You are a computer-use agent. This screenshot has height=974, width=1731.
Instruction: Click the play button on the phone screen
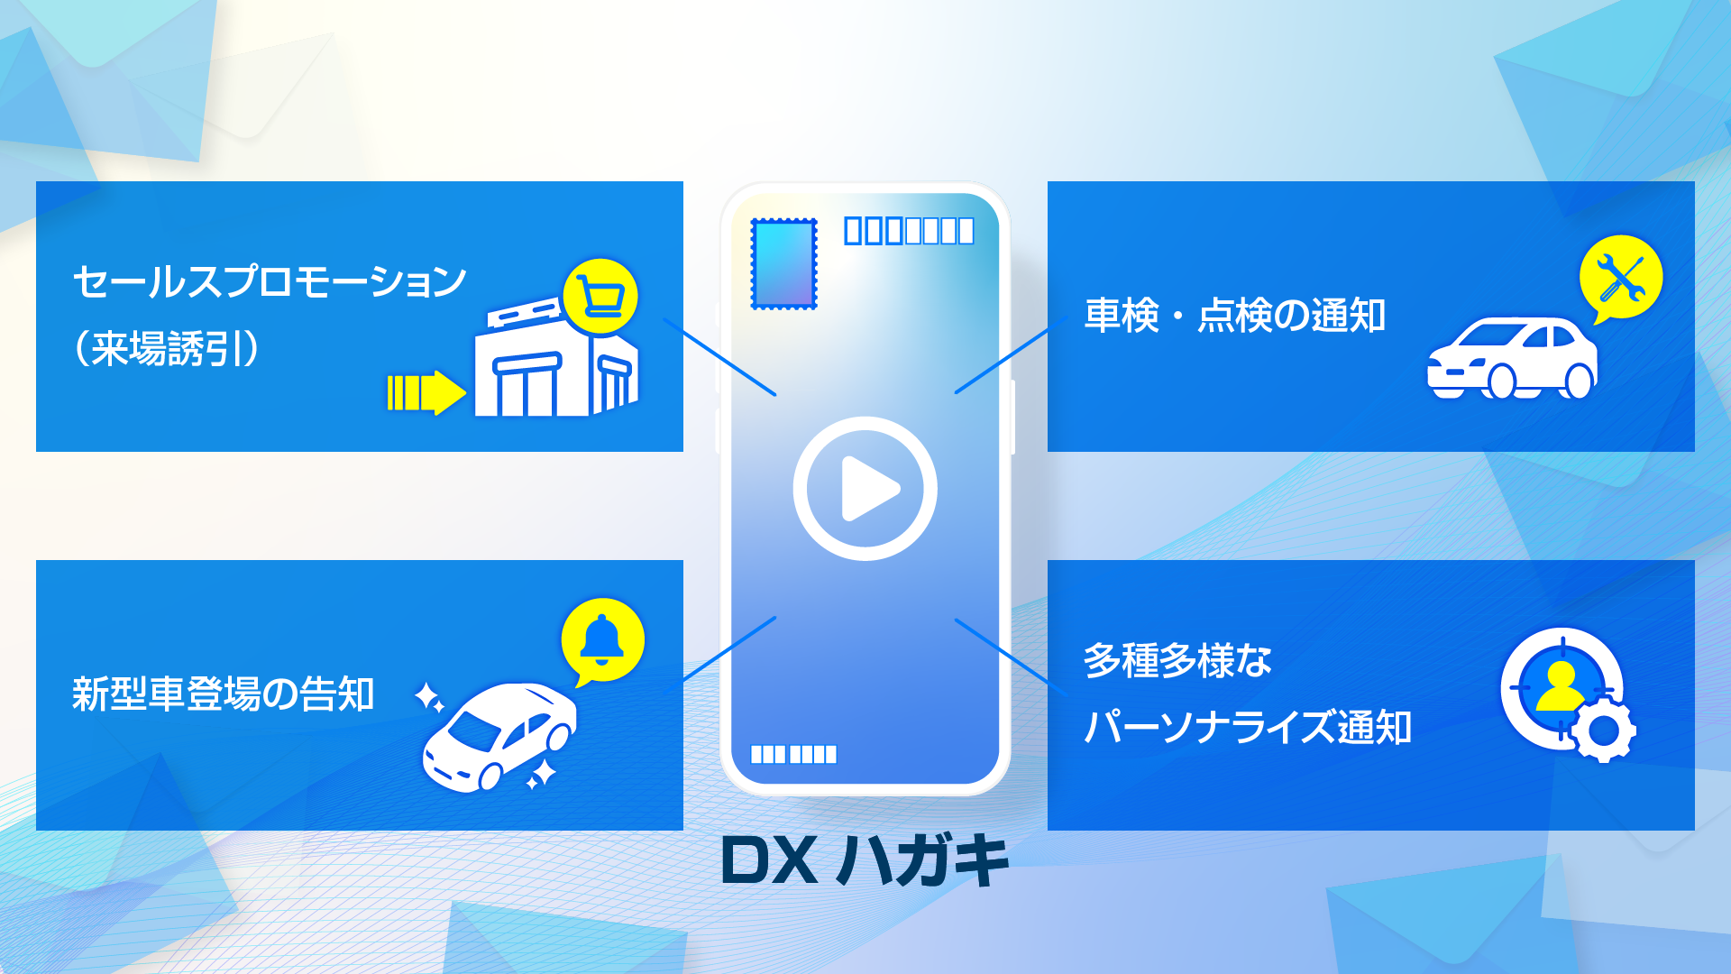865,489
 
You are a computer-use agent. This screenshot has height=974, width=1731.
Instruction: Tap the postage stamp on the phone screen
783,263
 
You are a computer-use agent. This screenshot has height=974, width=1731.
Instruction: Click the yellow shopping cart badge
600,296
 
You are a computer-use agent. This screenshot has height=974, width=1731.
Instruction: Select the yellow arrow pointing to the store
426,393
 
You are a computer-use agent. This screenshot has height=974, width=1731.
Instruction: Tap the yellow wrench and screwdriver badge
1620,278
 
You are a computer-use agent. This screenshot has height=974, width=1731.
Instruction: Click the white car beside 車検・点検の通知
1511,358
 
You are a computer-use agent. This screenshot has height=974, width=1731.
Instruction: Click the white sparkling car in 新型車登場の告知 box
499,735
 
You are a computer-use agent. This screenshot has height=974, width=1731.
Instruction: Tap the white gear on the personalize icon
1603,730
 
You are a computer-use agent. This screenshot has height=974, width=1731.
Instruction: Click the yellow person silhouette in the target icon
1560,686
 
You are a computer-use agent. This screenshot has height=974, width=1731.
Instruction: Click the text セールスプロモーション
269,281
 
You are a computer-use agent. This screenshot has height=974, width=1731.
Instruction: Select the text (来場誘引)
167,348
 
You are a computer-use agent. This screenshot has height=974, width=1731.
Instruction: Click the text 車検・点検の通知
1234,316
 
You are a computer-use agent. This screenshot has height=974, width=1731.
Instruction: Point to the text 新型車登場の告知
223,694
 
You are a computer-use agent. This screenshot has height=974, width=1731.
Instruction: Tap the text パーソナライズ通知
1247,727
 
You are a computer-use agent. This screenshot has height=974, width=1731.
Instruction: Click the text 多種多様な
1177,660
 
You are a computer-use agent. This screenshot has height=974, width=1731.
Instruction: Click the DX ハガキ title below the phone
865,860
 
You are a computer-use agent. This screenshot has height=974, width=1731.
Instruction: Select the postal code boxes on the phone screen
908,231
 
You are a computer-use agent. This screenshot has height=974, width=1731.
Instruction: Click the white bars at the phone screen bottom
793,754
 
